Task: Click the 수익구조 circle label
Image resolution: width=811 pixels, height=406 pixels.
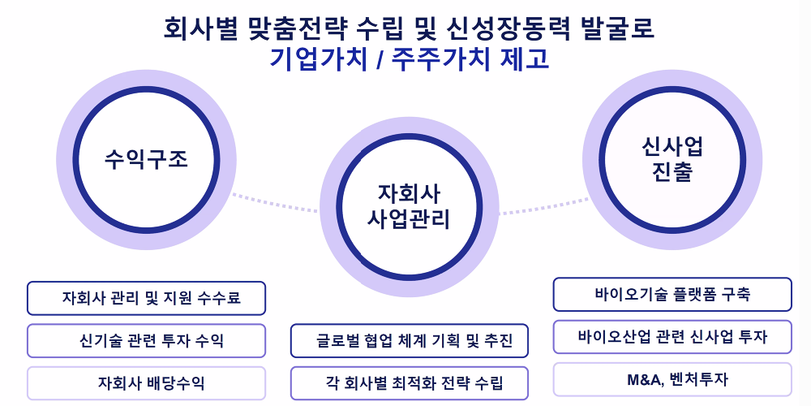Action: click(146, 159)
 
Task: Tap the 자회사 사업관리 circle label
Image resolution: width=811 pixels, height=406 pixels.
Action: click(409, 206)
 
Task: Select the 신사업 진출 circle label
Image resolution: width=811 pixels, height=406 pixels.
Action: click(672, 159)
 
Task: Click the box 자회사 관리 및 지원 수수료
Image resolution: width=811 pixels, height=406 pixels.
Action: click(146, 298)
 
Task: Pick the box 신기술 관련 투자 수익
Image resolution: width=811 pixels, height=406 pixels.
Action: click(146, 341)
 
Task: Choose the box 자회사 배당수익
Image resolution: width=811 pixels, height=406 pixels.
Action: click(146, 383)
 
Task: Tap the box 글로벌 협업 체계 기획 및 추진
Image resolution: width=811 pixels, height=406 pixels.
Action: click(409, 341)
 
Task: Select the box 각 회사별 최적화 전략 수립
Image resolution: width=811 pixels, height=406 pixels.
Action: click(409, 383)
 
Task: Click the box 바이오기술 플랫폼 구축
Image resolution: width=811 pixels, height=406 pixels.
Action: click(672, 295)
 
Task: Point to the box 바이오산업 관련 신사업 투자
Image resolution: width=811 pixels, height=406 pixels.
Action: click(672, 337)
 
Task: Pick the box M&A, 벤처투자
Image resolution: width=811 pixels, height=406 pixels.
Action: click(672, 379)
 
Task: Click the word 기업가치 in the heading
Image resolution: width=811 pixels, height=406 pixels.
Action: click(319, 59)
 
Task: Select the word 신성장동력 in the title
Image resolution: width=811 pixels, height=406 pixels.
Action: click(508, 28)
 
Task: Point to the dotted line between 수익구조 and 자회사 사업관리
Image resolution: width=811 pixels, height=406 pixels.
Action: click(275, 202)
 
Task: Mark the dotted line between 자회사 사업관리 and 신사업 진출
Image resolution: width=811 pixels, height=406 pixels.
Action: click(544, 206)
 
